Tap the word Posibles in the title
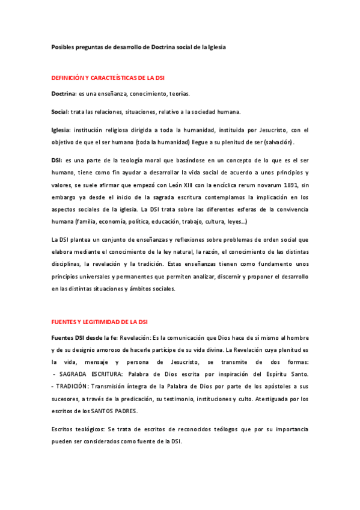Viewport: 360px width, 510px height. (x=63, y=46)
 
